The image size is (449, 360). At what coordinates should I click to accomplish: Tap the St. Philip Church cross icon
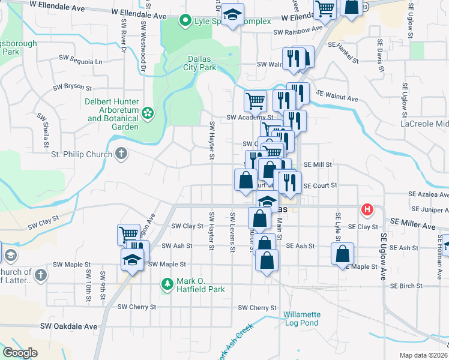(121, 154)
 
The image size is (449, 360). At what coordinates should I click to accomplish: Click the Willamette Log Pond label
(302, 319)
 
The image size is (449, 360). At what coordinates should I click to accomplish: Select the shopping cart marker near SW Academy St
(255, 100)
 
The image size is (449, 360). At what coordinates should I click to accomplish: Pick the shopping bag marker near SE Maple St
(342, 253)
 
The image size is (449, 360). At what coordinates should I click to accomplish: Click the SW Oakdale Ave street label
(68, 326)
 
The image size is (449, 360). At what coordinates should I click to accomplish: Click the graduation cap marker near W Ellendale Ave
(231, 15)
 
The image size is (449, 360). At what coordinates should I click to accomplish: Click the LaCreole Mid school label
(424, 124)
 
